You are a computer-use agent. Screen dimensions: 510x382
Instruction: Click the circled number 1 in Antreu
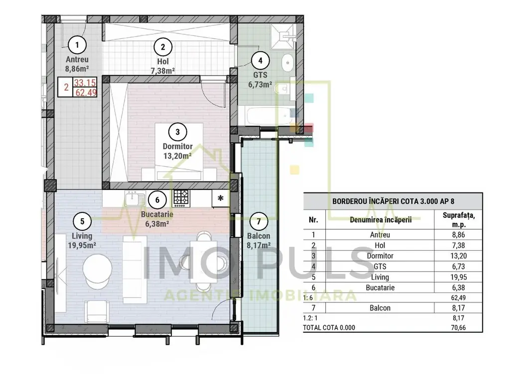coord(77,45)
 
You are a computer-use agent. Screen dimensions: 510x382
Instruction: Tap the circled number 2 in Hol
coord(163,47)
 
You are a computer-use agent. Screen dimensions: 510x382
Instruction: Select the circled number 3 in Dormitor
coord(178,132)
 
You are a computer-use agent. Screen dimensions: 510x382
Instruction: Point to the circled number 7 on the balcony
coord(259,221)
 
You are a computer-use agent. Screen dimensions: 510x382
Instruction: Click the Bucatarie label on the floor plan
coord(157,214)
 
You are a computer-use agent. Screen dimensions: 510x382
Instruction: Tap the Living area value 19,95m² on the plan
coord(82,245)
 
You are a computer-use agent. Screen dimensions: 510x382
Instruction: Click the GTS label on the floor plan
coord(260,75)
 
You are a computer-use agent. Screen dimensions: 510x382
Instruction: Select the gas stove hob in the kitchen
coord(181,198)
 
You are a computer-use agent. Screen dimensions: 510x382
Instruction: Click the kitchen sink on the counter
coord(135,199)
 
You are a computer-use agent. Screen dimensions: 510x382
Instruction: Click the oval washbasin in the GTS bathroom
coord(287,63)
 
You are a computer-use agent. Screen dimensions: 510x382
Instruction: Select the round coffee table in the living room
coord(97,268)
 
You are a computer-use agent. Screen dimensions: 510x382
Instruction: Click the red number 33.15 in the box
coord(85,83)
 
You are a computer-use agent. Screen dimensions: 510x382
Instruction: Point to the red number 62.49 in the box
coord(86,93)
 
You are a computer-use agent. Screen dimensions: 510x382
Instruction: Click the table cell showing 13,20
coord(459,256)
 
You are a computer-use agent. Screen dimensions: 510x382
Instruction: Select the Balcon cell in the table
coord(380,308)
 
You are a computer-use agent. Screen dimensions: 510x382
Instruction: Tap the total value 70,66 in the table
coord(458,327)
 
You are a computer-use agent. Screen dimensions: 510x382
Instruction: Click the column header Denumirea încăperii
coord(381,220)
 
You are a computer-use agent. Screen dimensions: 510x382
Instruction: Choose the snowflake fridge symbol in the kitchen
coord(221,198)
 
